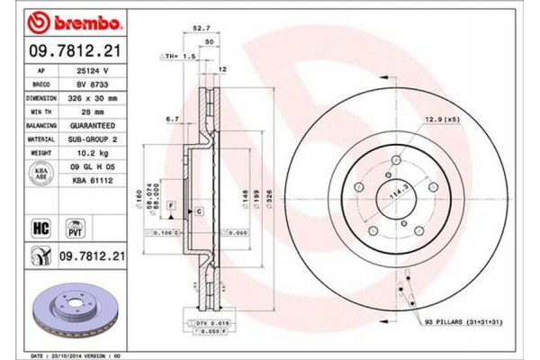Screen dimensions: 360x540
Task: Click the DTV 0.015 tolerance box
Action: coord(207,321)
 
